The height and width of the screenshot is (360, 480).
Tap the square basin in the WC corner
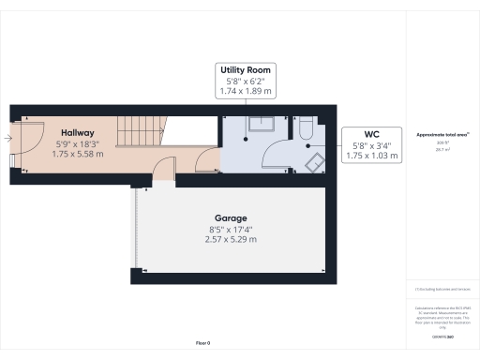click(315, 162)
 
